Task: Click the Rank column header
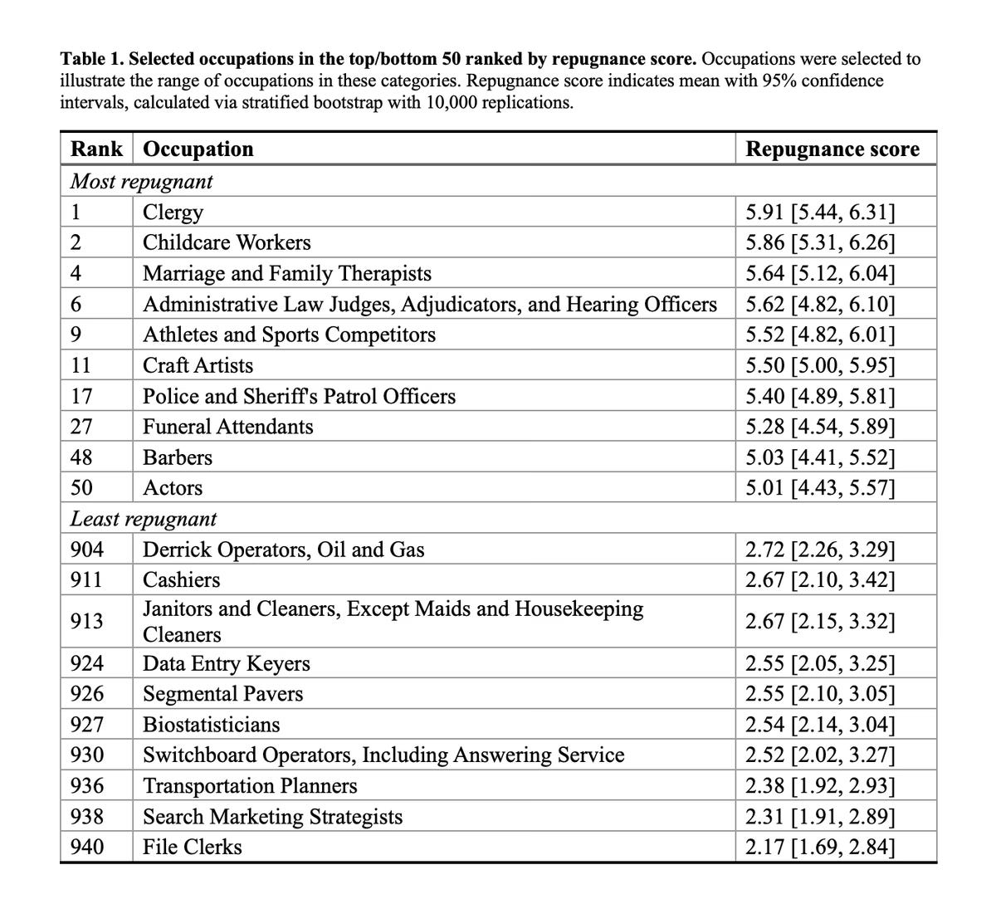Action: click(x=96, y=149)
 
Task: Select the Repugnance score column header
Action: click(x=832, y=149)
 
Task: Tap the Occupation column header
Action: click(x=198, y=149)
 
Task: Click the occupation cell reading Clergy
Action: click(x=173, y=213)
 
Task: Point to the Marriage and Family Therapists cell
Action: click(x=287, y=274)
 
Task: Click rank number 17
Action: click(x=81, y=397)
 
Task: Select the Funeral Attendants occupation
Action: click(x=228, y=428)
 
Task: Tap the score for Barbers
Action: click(x=820, y=458)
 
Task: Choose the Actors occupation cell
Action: click(x=173, y=489)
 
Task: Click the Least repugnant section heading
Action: click(x=144, y=520)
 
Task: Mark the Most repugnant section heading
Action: click(x=141, y=181)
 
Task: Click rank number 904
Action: click(x=87, y=550)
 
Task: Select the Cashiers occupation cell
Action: click(x=182, y=580)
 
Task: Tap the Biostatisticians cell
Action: click(x=212, y=726)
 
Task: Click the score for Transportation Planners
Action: click(x=820, y=786)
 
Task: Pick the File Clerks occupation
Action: click(x=193, y=848)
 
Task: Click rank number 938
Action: click(x=87, y=817)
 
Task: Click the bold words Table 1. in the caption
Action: click(x=91, y=60)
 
